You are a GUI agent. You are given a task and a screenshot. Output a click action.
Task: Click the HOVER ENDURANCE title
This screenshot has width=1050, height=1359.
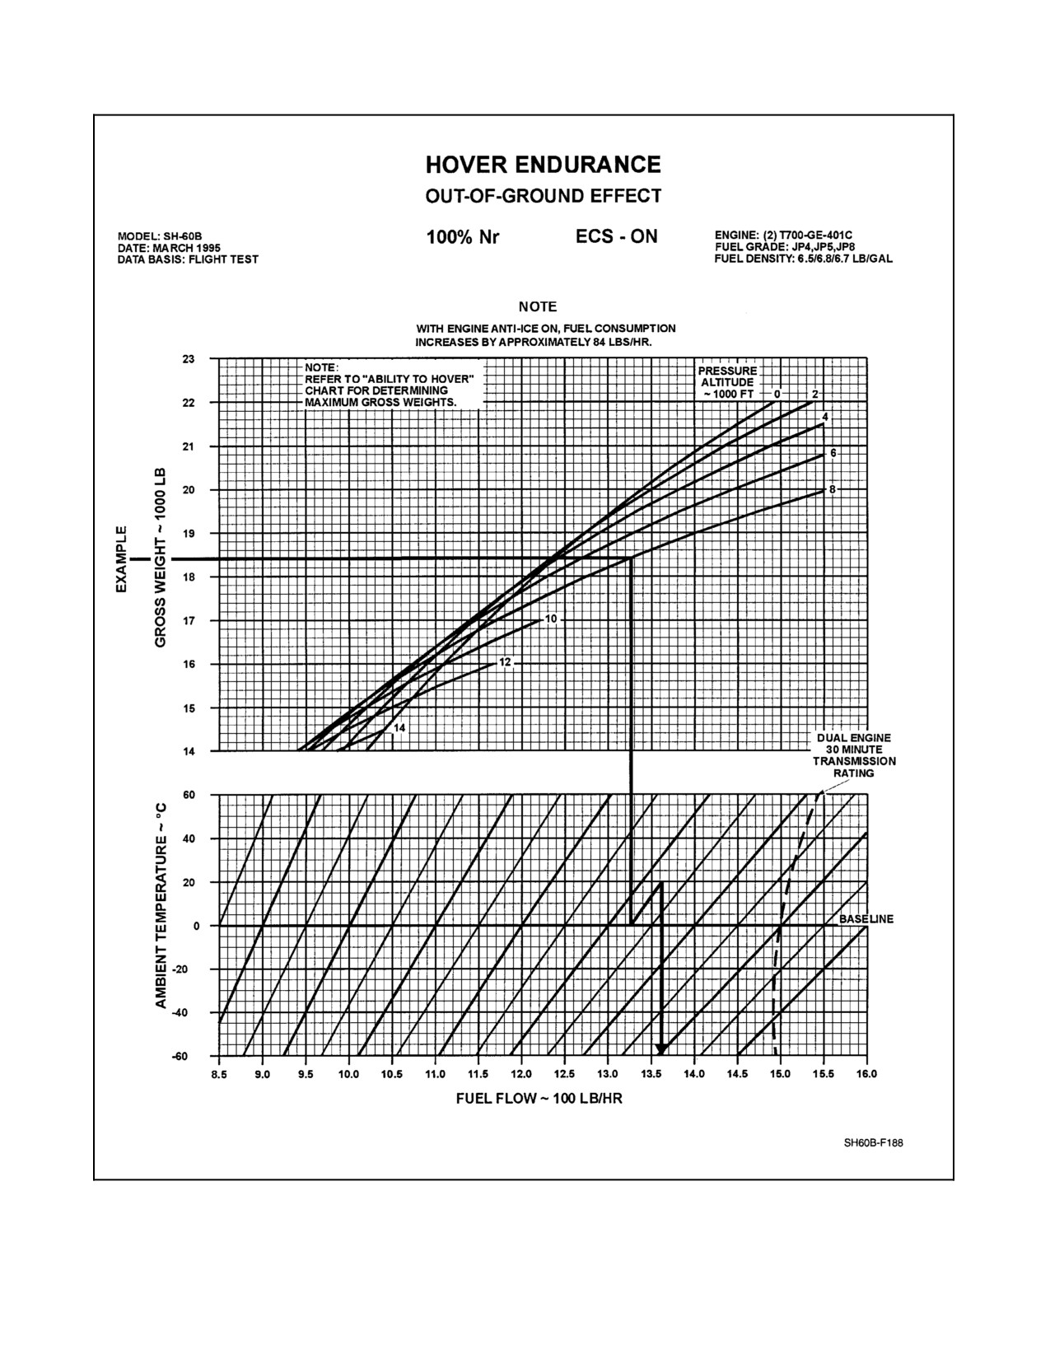click(x=543, y=165)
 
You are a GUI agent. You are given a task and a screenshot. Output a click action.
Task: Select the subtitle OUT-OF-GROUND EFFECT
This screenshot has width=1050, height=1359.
click(x=543, y=196)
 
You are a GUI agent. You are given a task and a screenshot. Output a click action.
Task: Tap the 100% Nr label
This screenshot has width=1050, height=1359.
click(x=462, y=238)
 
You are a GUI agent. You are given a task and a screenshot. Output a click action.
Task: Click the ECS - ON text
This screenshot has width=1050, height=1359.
click(x=616, y=236)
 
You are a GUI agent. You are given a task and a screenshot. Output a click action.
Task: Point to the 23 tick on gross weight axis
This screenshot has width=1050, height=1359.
click(x=189, y=359)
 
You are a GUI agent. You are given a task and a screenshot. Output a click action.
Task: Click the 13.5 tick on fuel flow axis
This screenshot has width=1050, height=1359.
click(x=651, y=1075)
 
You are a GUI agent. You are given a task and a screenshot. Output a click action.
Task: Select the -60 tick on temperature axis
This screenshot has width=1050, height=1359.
click(x=180, y=1056)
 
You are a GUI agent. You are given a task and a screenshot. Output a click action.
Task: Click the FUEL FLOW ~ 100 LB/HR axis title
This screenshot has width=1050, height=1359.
click(x=539, y=1099)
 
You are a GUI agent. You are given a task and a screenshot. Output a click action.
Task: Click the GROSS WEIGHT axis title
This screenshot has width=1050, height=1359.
click(x=161, y=558)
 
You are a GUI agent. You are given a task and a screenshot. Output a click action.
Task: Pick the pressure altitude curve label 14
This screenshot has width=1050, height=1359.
click(x=399, y=728)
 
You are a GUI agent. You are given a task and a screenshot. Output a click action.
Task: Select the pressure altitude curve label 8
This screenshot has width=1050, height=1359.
click(x=833, y=490)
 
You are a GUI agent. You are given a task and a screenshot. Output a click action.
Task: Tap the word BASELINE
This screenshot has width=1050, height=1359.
click(x=866, y=919)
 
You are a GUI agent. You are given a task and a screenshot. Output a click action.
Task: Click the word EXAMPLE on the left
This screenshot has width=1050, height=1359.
click(x=121, y=558)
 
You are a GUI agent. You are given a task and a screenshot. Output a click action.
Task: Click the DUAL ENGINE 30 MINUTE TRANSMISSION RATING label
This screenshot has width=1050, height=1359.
click(x=854, y=755)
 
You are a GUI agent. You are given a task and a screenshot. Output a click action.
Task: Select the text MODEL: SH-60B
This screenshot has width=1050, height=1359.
click(x=160, y=236)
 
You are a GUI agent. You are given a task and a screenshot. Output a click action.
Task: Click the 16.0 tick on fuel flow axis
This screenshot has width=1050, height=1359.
click(x=867, y=1075)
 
